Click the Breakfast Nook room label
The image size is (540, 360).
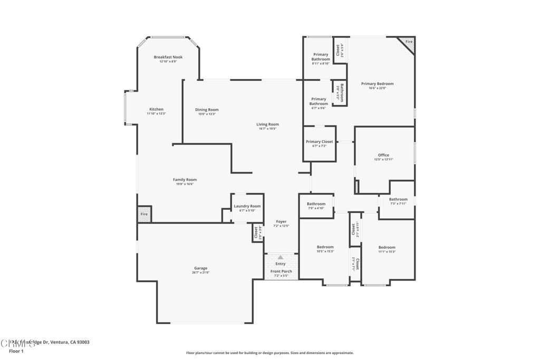coord(168,57)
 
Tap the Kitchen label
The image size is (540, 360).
coord(156,109)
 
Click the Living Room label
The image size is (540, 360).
coord(267,124)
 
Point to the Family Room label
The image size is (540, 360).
coord(185,180)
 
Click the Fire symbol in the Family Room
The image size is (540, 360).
coord(144,215)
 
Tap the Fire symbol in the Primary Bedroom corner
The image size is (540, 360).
coord(409,42)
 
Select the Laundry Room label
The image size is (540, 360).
coord(247,206)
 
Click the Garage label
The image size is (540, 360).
coord(200,268)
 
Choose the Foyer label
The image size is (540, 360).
coord(281,222)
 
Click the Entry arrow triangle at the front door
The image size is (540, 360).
coord(281,257)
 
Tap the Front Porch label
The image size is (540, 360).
coord(281,271)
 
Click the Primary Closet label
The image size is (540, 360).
coord(319,142)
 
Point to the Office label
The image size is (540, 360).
coord(383,155)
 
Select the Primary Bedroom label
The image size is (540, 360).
coord(377,84)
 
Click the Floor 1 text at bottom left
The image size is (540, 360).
coord(16,351)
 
